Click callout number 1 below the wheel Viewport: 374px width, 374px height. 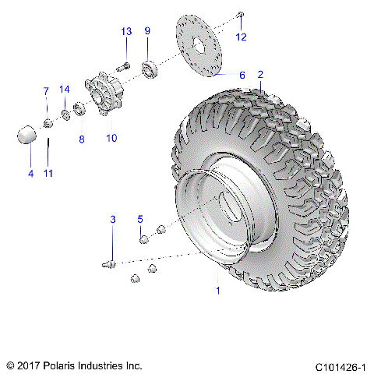[217, 291]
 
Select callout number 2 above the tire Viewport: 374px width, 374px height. [260, 75]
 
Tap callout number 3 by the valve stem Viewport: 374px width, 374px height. [112, 221]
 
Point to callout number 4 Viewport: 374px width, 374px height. [31, 173]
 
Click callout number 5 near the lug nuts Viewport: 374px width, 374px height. [141, 218]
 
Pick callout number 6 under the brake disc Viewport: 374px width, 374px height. [242, 76]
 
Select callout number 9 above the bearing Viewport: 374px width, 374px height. [147, 31]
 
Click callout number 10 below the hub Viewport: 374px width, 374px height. [111, 138]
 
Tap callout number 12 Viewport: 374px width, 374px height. [241, 37]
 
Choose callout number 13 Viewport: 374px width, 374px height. [126, 31]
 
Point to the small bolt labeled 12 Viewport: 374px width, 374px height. [241, 16]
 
